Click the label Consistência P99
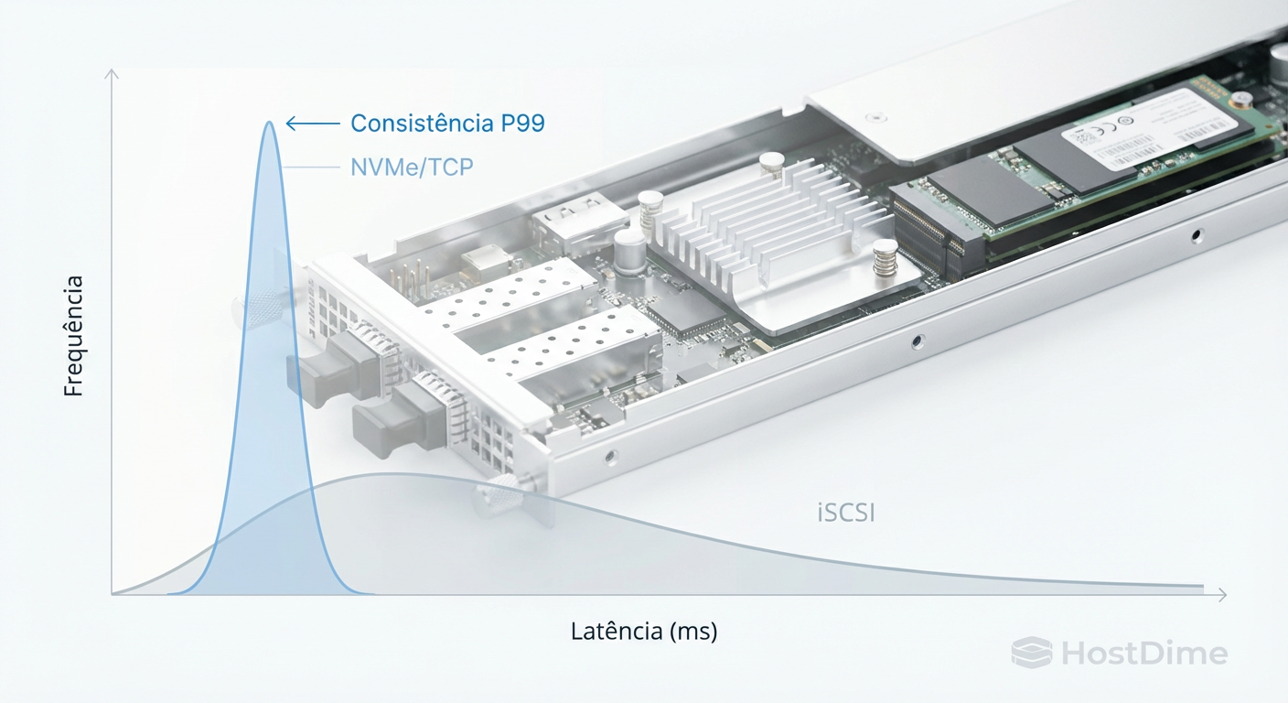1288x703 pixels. (x=447, y=124)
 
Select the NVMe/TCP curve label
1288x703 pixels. (x=412, y=168)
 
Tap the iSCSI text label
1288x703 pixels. (x=845, y=513)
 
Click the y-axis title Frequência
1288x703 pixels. (x=73, y=336)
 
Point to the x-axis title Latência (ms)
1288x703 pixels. (x=644, y=632)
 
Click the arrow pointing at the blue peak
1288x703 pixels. (x=312, y=124)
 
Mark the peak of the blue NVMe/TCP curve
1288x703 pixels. (x=269, y=123)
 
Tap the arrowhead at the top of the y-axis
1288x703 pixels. (x=112, y=73)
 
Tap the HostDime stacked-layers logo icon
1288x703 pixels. (x=1032, y=653)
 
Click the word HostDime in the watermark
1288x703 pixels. (x=1144, y=654)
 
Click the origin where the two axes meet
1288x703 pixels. (x=113, y=595)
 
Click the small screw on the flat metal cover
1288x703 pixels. (x=879, y=116)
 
